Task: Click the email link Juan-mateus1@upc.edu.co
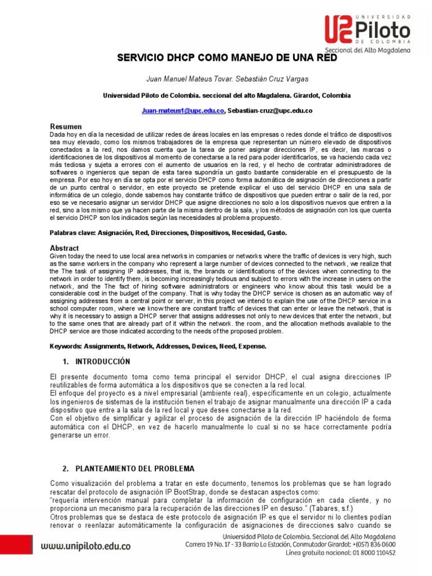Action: click(x=183, y=111)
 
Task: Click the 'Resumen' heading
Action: click(x=66, y=127)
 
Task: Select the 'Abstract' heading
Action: click(x=65, y=248)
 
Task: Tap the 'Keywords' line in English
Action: click(x=158, y=346)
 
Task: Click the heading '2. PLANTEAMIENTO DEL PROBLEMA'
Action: click(x=128, y=469)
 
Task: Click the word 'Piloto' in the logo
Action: click(x=382, y=29)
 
